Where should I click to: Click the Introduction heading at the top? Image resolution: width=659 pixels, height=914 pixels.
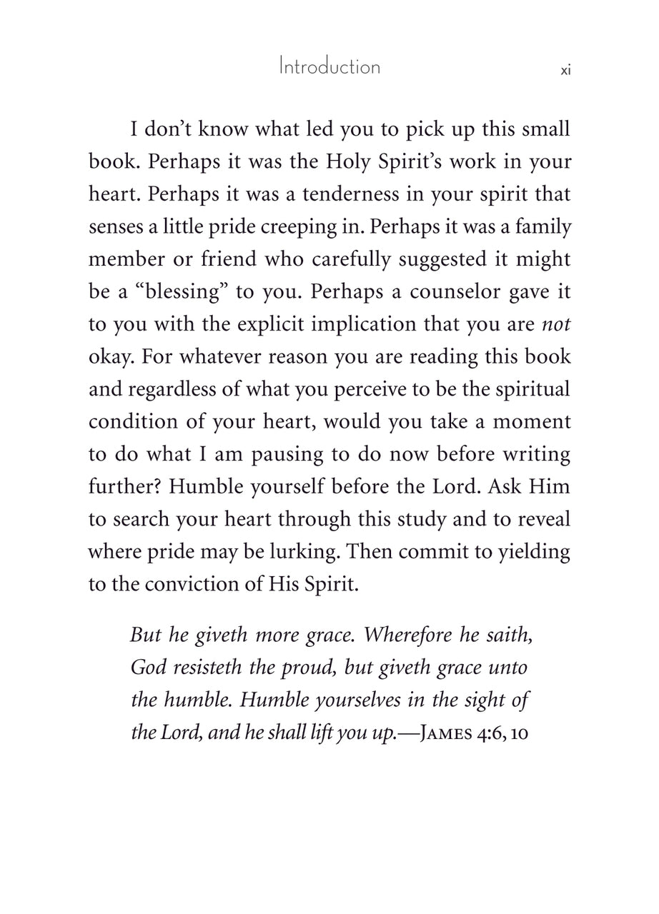point(329,67)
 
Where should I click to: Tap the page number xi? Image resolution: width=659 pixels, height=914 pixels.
point(565,70)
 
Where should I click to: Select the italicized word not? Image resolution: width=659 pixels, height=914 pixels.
point(556,323)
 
